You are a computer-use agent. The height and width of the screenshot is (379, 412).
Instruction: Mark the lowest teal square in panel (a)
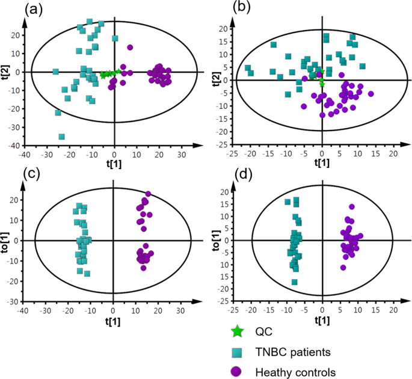point(61,137)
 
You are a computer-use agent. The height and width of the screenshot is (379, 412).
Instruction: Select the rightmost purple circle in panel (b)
point(371,94)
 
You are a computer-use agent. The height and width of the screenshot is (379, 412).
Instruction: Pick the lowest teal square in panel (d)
point(295,282)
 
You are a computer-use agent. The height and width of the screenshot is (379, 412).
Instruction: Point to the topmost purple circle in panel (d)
point(352,207)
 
